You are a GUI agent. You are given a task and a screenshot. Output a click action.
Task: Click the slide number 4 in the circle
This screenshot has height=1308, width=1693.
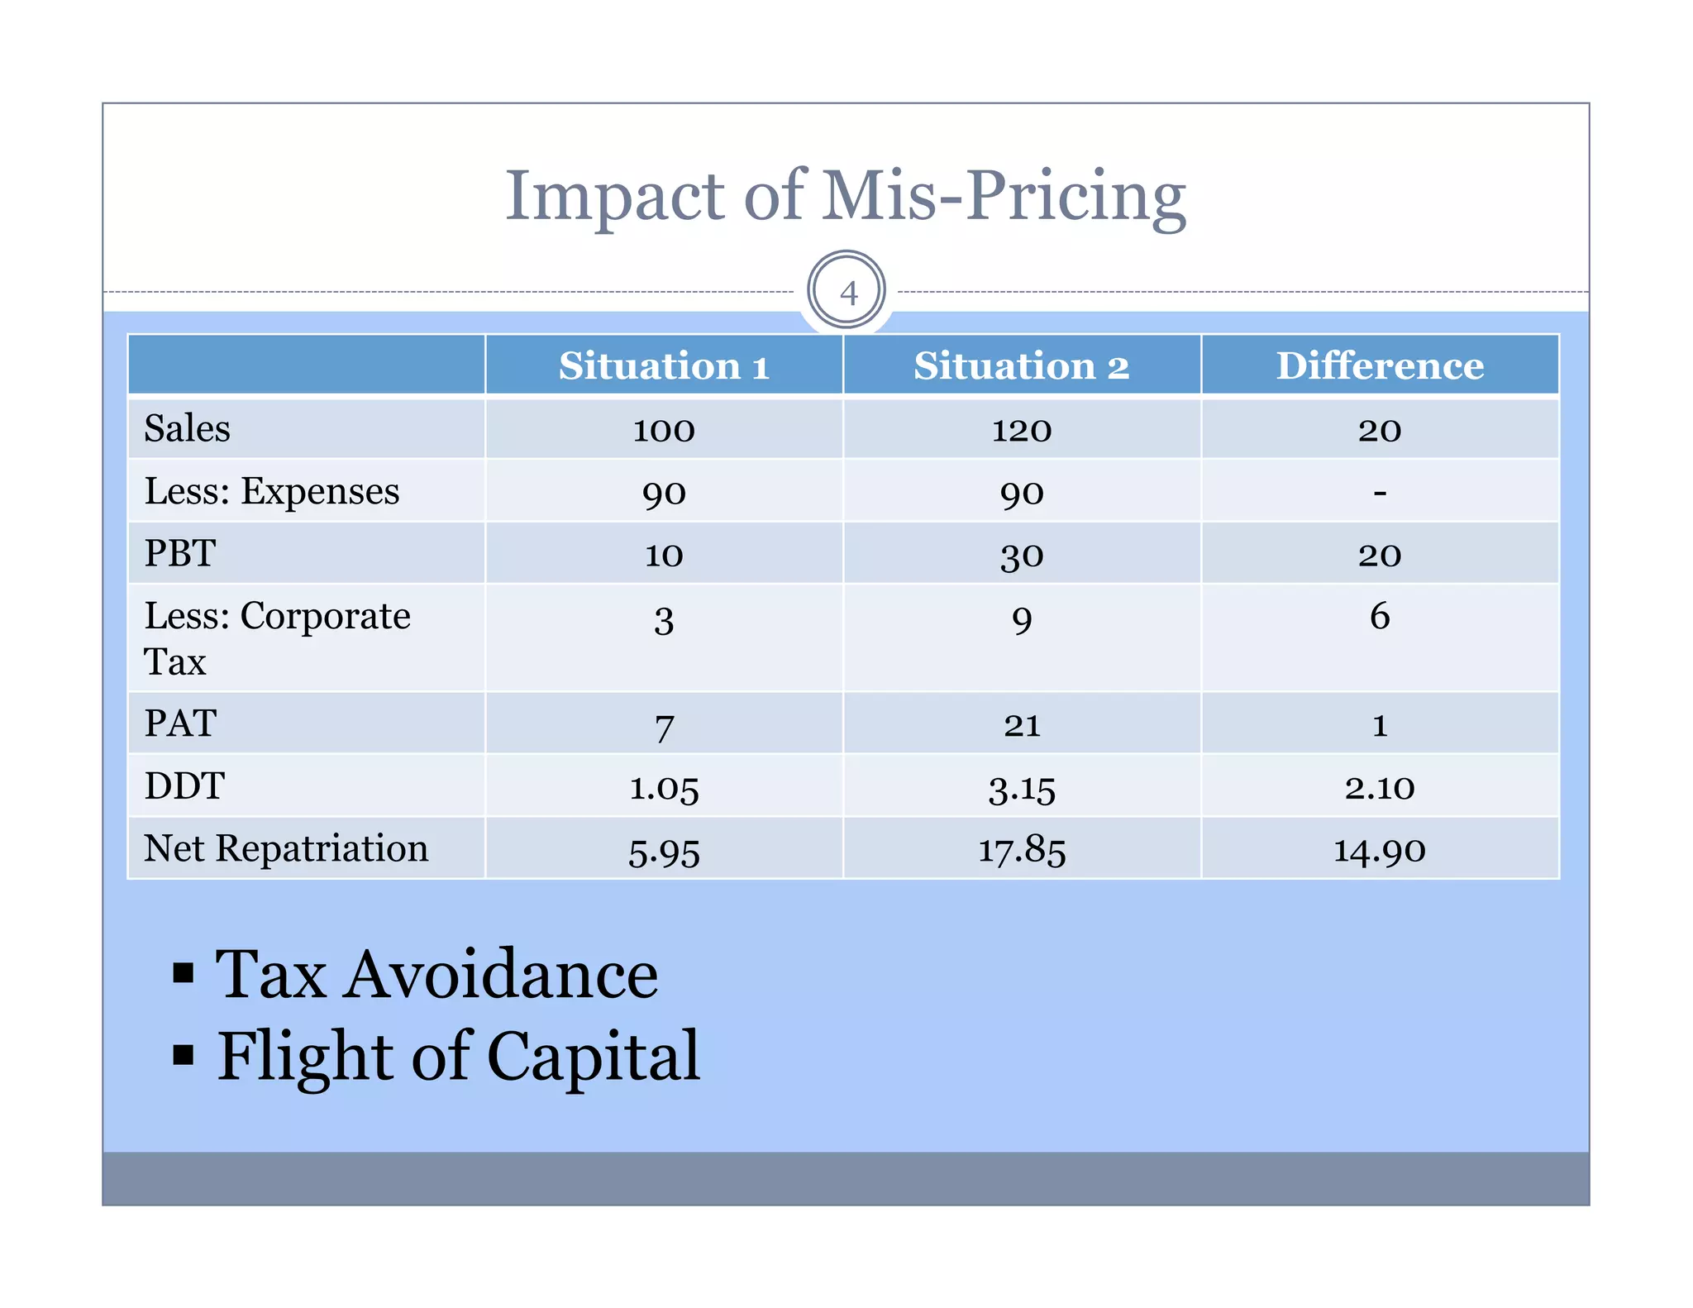tap(847, 293)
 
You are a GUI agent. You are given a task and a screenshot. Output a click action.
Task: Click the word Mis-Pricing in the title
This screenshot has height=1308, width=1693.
tap(1004, 197)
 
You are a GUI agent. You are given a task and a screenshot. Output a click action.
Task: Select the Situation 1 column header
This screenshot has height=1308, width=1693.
tap(664, 365)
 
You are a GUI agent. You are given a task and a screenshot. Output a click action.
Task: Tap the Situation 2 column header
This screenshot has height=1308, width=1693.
tap(1021, 365)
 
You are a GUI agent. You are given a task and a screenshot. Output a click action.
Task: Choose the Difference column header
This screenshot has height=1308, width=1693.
tap(1380, 365)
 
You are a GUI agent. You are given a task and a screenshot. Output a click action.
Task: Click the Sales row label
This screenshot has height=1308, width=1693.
tap(188, 429)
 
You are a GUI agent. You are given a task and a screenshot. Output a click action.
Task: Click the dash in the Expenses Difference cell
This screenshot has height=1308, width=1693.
tap(1380, 493)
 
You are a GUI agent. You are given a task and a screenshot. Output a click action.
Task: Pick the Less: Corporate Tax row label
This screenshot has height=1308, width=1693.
tap(277, 637)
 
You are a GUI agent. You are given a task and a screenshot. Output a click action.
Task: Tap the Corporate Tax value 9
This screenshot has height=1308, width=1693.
tap(1022, 619)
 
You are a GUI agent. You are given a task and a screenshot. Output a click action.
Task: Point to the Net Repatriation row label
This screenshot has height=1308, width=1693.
tap(286, 849)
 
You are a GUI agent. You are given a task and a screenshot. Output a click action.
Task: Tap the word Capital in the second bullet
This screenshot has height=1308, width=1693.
tap(593, 1057)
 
